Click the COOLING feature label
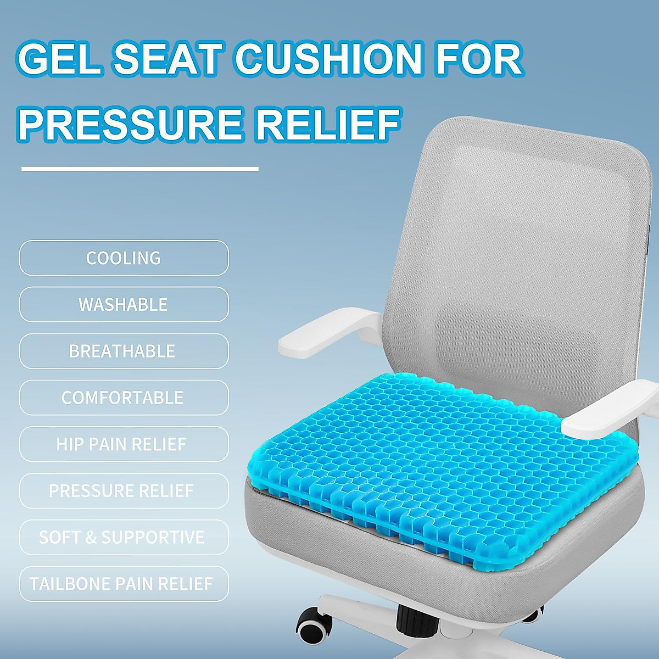click(124, 258)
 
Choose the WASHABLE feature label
click(124, 304)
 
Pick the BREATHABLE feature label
click(124, 351)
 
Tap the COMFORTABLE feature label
click(124, 398)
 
